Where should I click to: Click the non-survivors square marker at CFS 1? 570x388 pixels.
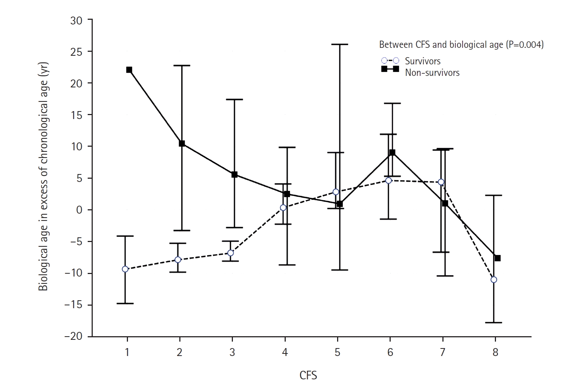[x=129, y=70]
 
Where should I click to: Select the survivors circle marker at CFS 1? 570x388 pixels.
[x=125, y=269]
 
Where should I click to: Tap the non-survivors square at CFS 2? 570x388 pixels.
[x=182, y=143]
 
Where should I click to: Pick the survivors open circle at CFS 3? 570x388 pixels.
[x=230, y=253]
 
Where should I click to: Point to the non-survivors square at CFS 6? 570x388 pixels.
[x=392, y=152]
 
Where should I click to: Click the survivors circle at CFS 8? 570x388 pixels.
[x=494, y=279]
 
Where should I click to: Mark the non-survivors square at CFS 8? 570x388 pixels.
[x=497, y=258]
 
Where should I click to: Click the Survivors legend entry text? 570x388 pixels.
[x=423, y=61]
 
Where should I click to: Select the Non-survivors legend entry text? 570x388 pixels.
[x=432, y=73]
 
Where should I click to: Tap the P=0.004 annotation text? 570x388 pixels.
[x=524, y=45]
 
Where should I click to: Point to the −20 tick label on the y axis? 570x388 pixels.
[x=74, y=337]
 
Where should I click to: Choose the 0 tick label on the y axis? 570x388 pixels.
[x=79, y=210]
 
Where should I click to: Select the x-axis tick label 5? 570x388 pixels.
[x=337, y=352]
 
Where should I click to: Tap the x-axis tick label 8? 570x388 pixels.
[x=495, y=352]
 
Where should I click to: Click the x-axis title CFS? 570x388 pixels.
[x=308, y=376]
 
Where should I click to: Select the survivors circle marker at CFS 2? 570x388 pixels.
[x=178, y=260]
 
